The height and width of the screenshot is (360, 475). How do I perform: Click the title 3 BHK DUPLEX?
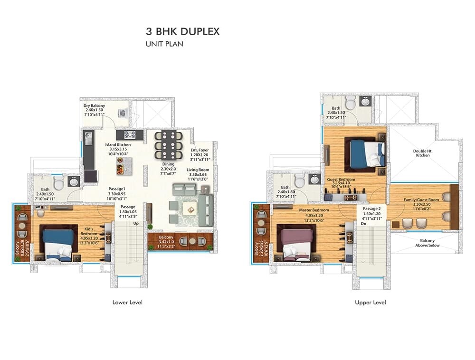182,32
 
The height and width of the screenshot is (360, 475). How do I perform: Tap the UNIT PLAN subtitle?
164,44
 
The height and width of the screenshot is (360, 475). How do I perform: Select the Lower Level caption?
127,302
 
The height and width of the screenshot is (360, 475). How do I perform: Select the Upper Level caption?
370,302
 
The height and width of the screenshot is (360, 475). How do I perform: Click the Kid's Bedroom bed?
58,242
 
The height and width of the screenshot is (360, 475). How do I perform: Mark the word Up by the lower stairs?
135,223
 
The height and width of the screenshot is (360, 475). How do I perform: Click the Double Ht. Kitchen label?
422,152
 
